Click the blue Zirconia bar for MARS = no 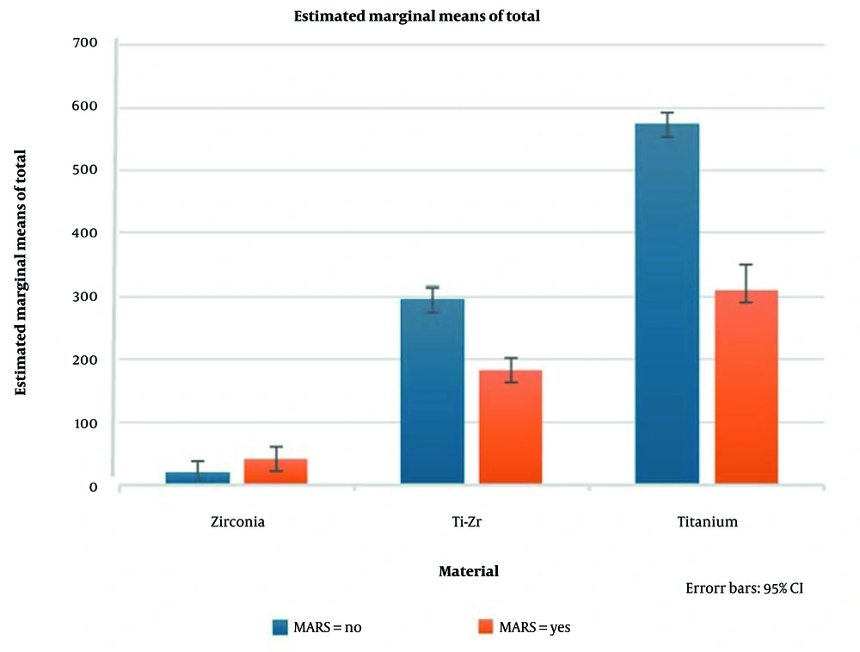coord(197,477)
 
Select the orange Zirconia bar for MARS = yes coord(276,471)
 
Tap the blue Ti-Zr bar coord(433,391)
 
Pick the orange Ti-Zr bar coord(511,427)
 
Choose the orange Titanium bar coord(746,387)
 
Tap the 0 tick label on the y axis coord(94,487)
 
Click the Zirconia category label coord(236,522)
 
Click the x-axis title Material coord(469,571)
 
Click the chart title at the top coord(417,16)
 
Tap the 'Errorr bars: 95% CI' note coord(744,589)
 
